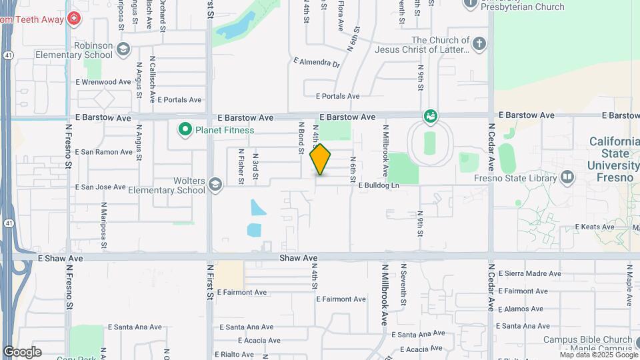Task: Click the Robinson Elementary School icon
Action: [123, 49]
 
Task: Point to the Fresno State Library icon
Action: [567, 178]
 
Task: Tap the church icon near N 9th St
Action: [479, 44]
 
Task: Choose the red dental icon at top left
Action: [73, 19]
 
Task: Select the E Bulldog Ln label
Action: [378, 185]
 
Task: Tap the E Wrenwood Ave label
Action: [103, 82]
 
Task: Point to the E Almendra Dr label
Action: [317, 63]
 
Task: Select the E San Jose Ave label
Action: [101, 187]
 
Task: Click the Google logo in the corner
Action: [22, 351]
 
